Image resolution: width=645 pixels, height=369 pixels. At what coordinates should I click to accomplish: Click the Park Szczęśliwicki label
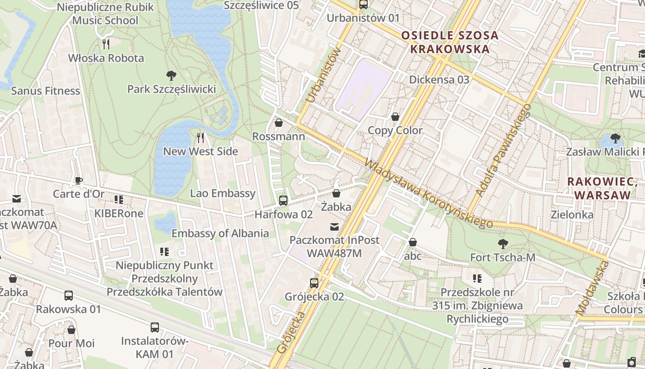pos(171,89)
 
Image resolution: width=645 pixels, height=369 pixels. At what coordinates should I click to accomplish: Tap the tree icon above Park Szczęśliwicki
pos(171,75)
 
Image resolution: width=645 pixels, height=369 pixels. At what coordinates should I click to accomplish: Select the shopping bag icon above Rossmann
pos(278,123)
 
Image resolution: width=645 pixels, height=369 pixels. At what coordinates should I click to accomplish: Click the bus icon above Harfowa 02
pos(283,201)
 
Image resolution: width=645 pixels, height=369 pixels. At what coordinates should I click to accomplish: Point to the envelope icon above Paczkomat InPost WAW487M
pos(334,226)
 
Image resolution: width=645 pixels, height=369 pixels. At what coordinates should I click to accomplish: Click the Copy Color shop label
pos(395,131)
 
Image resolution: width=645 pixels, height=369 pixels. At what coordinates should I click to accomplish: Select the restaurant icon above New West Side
pos(200,137)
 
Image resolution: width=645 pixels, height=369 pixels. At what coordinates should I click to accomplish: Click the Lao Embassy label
pos(223,193)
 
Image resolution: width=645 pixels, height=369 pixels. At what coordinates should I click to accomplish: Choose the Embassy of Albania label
pos(220,233)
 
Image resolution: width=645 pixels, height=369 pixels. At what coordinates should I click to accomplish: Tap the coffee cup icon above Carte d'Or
pos(78,180)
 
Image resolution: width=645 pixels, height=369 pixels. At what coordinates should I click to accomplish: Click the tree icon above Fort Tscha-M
pos(503,244)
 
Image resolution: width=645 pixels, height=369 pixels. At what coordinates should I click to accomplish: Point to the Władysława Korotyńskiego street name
pos(428,194)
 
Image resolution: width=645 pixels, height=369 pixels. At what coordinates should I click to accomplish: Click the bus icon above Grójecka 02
pos(314,283)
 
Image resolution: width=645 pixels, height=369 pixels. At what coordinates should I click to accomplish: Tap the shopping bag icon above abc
pos(413,242)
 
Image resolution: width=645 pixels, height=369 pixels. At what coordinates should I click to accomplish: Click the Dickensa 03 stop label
pos(439,79)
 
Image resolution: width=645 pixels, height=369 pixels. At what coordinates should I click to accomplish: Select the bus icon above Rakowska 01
pos(68,295)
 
